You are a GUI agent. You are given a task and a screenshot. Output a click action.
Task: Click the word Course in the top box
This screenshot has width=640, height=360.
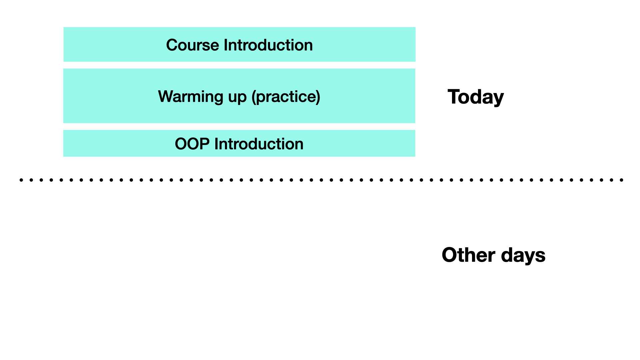tap(193, 45)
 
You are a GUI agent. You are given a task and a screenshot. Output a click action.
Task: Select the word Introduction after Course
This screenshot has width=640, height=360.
tap(268, 45)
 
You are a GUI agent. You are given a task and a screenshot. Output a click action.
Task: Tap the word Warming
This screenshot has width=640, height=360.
tap(190, 97)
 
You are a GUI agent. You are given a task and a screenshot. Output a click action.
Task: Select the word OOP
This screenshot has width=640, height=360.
tap(192, 144)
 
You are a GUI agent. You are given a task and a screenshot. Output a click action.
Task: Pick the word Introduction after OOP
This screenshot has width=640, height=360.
tap(259, 144)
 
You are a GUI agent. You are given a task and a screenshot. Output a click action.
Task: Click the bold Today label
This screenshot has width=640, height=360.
tap(476, 97)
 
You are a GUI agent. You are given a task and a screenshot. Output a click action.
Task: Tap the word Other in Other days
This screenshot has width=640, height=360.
tap(469, 255)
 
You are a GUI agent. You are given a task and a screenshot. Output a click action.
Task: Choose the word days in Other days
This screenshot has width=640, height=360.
tap(523, 256)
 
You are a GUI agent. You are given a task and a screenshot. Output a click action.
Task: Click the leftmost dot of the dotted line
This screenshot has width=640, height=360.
tap(21, 180)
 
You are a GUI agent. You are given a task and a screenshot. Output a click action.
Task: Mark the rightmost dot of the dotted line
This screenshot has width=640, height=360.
tap(622, 180)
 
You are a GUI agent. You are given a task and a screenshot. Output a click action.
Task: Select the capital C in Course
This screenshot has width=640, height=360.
tap(172, 45)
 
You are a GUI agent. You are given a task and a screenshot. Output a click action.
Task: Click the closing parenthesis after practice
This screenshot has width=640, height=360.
tap(318, 97)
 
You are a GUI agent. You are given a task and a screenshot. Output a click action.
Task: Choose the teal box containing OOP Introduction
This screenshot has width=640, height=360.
tap(239, 143)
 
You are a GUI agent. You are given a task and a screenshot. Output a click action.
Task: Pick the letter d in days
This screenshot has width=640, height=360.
tap(507, 255)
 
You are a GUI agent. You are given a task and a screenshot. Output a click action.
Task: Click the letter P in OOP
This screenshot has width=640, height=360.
tap(205, 144)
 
